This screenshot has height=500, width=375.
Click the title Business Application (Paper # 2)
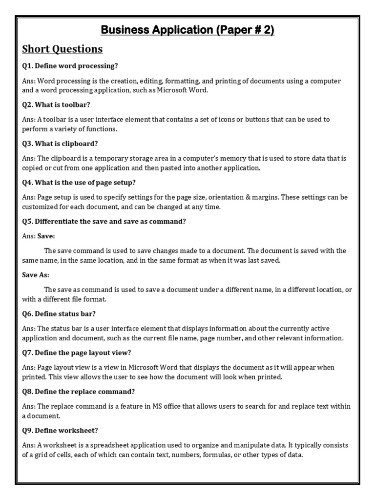pos(187,30)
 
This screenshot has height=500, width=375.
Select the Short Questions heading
pos(62,49)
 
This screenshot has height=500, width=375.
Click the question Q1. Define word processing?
pos(70,66)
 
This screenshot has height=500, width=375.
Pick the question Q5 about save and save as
pos(104,221)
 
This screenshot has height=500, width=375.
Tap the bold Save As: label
pos(36,275)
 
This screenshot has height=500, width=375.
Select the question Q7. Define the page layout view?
pos(77,353)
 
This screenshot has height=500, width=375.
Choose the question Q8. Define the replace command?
pos(79,392)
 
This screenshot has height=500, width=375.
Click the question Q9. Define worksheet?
pos(60,430)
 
